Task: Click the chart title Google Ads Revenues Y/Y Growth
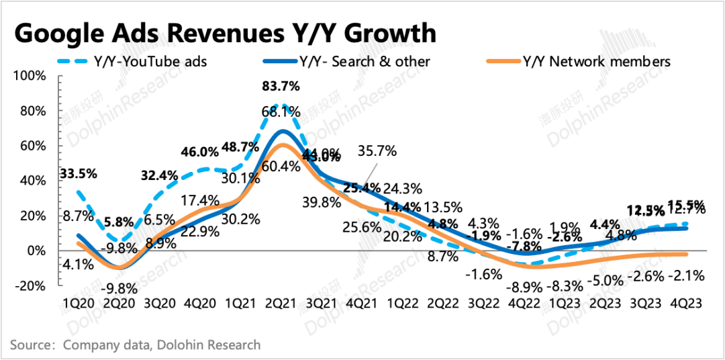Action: [225, 32]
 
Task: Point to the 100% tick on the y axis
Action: [30, 76]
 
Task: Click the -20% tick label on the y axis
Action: [30, 285]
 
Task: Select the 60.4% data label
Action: [281, 166]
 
